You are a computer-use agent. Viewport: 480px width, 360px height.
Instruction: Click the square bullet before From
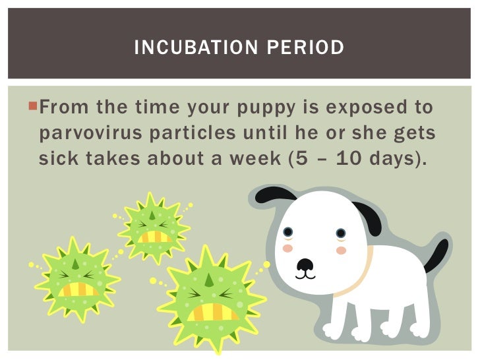34,105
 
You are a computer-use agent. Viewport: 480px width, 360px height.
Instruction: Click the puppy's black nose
305,264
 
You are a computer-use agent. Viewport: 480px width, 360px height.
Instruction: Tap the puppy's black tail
436,256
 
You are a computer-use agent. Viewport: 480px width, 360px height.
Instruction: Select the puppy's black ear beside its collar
367,218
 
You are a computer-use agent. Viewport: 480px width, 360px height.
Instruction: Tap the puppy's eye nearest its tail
340,233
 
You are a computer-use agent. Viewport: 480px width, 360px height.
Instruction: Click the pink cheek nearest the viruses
287,249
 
